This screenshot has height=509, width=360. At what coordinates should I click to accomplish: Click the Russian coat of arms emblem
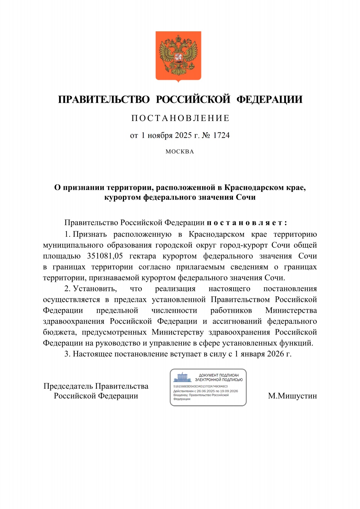(x=178, y=56)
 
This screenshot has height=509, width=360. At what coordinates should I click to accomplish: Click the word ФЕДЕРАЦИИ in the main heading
(x=269, y=100)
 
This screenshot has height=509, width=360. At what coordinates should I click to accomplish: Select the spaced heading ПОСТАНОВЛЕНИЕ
(x=180, y=118)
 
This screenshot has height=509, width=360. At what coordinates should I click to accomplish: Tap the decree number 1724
(x=221, y=135)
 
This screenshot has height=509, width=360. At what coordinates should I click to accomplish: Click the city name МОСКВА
(x=180, y=152)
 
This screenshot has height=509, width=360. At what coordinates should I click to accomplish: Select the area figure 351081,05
(x=105, y=256)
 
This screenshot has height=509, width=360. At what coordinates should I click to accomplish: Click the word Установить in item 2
(x=95, y=289)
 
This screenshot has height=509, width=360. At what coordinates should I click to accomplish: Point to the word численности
(x=174, y=310)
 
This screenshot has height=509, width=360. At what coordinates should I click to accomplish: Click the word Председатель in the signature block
(x=69, y=386)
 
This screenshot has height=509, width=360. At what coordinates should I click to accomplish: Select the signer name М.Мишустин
(x=292, y=396)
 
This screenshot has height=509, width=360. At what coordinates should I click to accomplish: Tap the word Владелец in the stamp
(x=180, y=395)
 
